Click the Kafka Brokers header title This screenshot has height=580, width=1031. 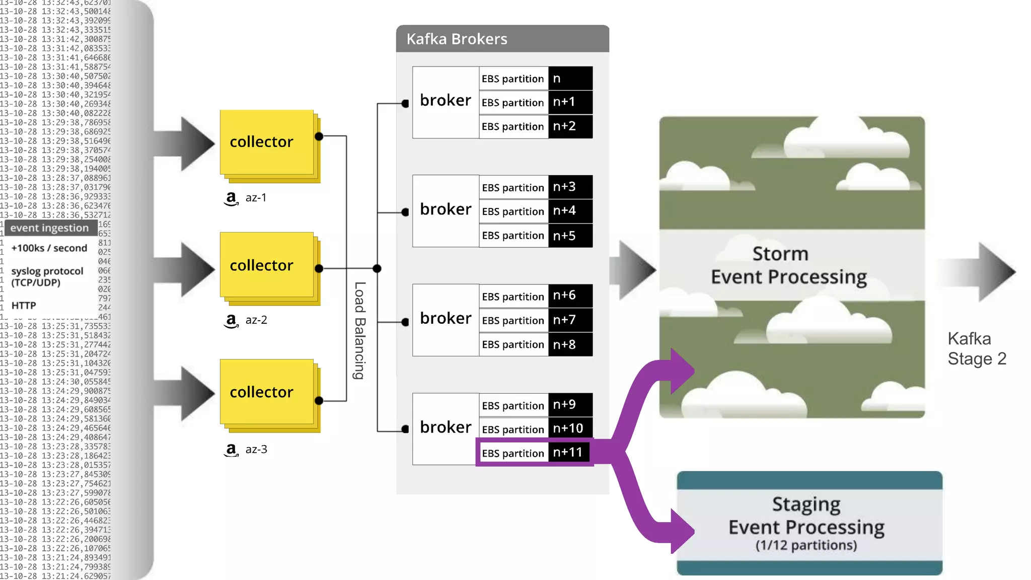(x=457, y=39)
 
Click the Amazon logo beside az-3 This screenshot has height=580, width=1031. (x=231, y=450)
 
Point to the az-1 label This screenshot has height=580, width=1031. (x=256, y=198)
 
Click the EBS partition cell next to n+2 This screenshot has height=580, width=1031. (x=513, y=127)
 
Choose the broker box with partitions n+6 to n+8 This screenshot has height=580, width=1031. (x=446, y=319)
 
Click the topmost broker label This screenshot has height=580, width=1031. (x=446, y=101)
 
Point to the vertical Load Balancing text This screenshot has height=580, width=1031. (x=359, y=330)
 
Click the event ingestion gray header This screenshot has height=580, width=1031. (x=50, y=228)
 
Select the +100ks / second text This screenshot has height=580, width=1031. (x=49, y=248)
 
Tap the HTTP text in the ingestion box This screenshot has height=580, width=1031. (x=24, y=306)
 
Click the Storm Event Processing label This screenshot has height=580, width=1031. (x=788, y=265)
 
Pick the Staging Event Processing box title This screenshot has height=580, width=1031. (x=806, y=516)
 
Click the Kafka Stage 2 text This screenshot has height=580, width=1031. (x=976, y=349)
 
